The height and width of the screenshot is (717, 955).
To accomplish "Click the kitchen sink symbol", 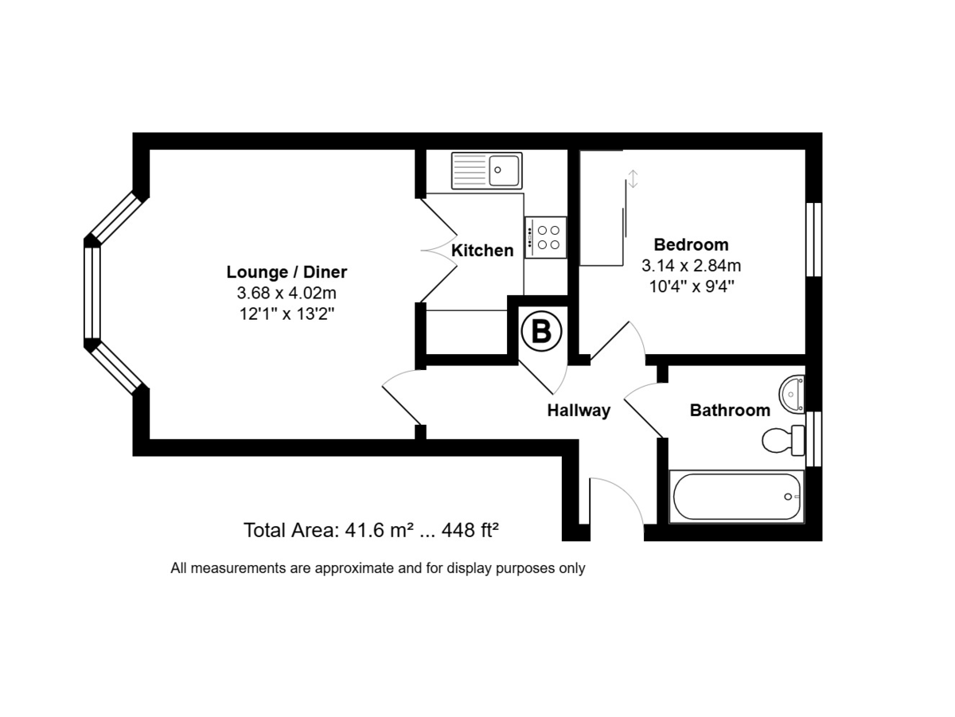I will click(x=486, y=170).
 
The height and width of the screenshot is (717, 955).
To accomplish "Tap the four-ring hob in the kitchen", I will click(x=545, y=237).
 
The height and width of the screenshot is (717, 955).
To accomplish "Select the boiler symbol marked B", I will click(x=541, y=331).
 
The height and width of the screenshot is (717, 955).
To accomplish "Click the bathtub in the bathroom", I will click(x=737, y=497).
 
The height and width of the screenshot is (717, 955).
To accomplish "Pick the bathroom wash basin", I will click(x=793, y=392).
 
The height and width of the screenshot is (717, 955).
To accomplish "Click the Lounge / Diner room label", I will click(x=286, y=272).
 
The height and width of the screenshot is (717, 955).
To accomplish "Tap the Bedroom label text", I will click(x=691, y=244).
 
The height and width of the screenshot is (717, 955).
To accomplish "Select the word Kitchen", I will click(x=482, y=251).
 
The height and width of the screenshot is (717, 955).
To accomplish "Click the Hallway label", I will click(x=579, y=411).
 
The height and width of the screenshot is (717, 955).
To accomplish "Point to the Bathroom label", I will click(x=730, y=411).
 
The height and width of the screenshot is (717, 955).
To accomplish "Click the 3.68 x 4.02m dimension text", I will click(x=286, y=293).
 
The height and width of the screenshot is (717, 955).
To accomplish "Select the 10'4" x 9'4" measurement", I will click(x=691, y=286).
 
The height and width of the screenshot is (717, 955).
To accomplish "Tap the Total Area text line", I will click(x=371, y=530).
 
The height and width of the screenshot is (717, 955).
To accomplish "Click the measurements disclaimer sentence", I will click(x=377, y=568).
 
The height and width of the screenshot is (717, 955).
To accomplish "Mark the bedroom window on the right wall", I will click(x=813, y=240).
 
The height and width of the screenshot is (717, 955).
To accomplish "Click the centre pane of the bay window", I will click(x=92, y=293).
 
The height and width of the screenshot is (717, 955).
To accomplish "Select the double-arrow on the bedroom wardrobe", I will click(x=633, y=179).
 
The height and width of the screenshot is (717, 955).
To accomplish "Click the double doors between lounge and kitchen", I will click(x=438, y=251).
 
